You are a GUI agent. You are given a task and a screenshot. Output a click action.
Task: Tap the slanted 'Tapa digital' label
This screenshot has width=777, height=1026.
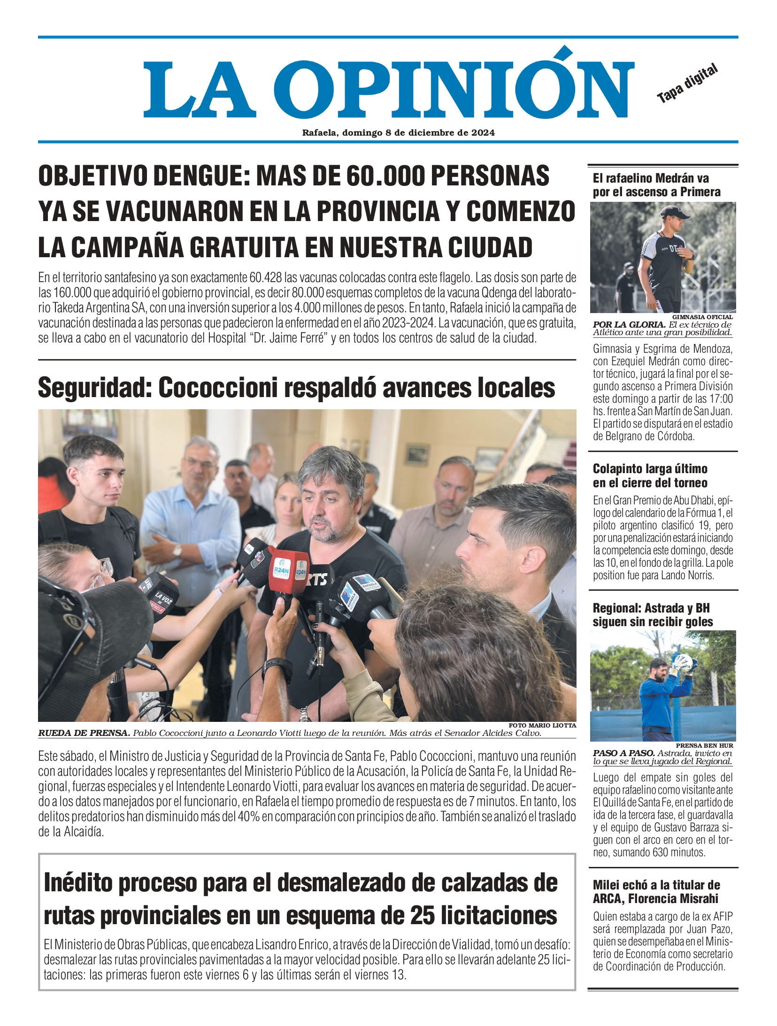pos(687,84)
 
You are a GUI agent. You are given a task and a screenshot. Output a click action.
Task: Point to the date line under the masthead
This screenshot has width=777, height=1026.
pos(398,133)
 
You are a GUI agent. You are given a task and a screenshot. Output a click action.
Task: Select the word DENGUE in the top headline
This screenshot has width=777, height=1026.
pos(197,176)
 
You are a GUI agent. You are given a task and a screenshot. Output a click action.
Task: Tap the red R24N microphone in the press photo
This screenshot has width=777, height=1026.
pos(287,570)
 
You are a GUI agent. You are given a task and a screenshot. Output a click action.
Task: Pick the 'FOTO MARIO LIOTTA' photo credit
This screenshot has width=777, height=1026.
pos(542,725)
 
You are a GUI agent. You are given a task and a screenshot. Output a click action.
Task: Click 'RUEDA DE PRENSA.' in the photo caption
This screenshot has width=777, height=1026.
pos(84,733)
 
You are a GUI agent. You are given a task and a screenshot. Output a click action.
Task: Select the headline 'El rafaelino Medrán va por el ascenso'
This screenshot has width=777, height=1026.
pos(656,185)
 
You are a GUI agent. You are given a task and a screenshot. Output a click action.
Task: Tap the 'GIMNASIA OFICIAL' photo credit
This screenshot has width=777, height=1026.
pos(702,317)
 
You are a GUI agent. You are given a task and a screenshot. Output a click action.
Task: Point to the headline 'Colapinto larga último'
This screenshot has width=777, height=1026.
pos(650,475)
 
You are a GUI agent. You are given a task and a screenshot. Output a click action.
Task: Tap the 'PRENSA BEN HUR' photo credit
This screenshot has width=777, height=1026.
pos(704,745)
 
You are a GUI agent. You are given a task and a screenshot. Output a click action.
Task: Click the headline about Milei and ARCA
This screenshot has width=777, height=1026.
pos(656,892)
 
